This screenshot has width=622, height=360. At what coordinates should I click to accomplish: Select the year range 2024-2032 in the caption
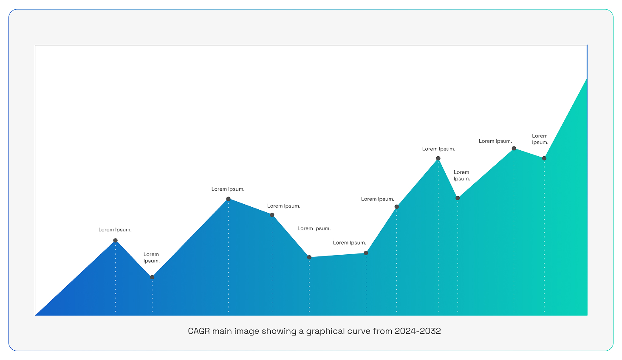tap(418, 331)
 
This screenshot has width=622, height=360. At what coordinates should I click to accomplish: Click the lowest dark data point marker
tap(152, 277)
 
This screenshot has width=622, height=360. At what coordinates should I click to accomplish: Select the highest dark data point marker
tap(514, 149)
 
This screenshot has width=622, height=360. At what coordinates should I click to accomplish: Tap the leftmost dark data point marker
tap(116, 240)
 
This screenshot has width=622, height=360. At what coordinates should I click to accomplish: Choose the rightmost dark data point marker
tap(544, 158)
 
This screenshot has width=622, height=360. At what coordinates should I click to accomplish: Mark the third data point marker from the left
tap(228, 199)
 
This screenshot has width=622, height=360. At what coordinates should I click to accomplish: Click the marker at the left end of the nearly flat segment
tap(309, 257)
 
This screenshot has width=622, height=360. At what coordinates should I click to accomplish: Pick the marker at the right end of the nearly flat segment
tap(366, 253)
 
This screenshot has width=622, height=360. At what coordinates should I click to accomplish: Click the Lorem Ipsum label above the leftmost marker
tap(115, 230)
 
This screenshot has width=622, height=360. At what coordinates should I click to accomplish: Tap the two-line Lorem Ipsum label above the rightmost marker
tap(540, 139)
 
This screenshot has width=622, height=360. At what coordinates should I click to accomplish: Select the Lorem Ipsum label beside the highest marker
tap(495, 141)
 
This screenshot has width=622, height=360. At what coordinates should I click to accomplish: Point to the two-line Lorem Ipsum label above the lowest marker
tap(152, 258)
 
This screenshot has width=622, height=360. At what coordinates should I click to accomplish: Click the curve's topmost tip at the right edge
tap(587, 79)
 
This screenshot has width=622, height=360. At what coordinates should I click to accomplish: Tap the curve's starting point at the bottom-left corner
tap(36, 315)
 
